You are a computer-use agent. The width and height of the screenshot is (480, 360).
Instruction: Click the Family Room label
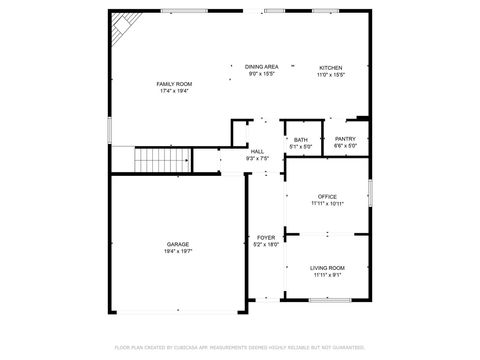(x=175, y=83)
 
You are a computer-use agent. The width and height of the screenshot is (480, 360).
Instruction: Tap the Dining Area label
(x=261, y=66)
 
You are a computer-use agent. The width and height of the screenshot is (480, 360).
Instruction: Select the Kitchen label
(x=330, y=67)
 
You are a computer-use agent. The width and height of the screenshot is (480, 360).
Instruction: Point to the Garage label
(x=178, y=244)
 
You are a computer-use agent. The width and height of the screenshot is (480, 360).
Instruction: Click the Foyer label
(x=265, y=237)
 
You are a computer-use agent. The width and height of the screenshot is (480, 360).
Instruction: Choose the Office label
(x=327, y=196)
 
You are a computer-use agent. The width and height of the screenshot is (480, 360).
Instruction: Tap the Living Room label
(x=327, y=267)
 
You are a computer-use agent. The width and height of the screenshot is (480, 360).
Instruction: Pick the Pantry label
(x=345, y=139)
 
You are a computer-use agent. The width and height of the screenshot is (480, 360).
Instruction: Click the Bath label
(x=300, y=140)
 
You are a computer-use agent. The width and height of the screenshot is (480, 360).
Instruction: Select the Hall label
(x=257, y=151)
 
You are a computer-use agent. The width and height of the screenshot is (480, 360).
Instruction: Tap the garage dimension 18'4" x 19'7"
(x=178, y=252)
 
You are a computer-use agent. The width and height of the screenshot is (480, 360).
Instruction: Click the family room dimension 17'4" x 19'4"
(x=175, y=91)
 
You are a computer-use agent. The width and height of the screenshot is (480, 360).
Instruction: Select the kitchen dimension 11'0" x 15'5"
(x=330, y=74)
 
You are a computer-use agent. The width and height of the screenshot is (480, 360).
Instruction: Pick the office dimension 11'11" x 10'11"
(x=327, y=204)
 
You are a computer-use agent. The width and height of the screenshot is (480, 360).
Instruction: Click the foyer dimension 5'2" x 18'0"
(x=265, y=244)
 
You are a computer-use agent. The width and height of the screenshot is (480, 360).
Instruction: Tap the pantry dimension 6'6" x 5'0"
(x=345, y=147)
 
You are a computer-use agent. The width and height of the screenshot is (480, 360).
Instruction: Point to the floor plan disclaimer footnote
(x=239, y=347)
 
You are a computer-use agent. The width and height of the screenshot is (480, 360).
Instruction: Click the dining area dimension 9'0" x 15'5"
(x=261, y=74)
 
